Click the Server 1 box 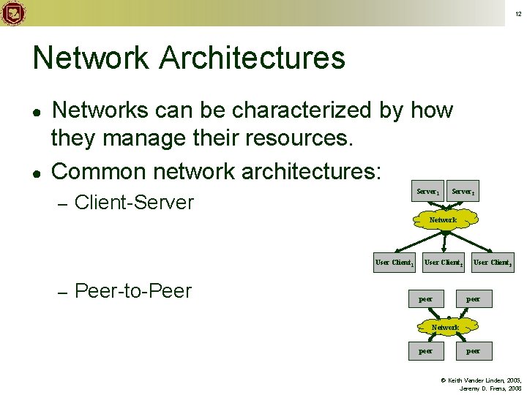(427, 191)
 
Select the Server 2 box (463, 191)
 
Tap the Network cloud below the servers (443, 219)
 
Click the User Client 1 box (395, 262)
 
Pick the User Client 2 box (443, 262)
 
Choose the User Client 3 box (492, 262)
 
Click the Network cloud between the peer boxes (444, 327)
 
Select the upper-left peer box (425, 298)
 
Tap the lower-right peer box (473, 350)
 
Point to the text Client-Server (134, 201)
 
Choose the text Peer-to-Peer (132, 290)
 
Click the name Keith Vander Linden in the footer (476, 380)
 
